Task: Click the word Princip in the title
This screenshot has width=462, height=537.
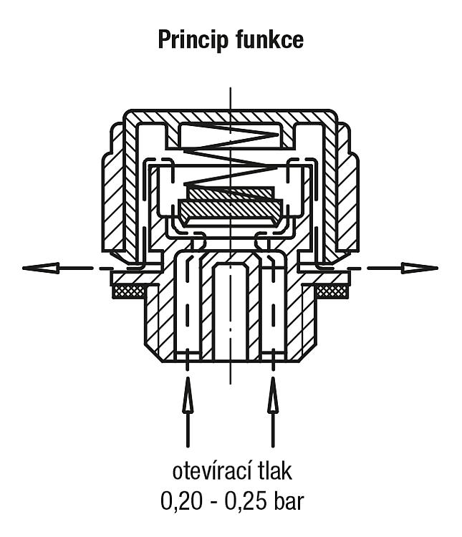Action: pyautogui.click(x=193, y=41)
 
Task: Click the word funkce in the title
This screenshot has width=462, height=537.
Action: pyautogui.click(x=269, y=39)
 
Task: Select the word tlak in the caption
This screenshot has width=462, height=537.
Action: pyautogui.click(x=275, y=472)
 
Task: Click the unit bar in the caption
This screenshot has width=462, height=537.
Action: pyautogui.click(x=289, y=502)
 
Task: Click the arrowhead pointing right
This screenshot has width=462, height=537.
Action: pyautogui.click(x=420, y=268)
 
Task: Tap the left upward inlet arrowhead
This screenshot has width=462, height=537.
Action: pyautogui.click(x=187, y=394)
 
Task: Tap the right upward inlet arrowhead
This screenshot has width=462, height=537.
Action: pyautogui.click(x=273, y=394)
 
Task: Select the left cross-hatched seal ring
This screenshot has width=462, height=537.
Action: pyautogui.click(x=129, y=291)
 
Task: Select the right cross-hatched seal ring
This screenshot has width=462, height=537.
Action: pyautogui.click(x=332, y=291)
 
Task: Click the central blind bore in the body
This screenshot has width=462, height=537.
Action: pyautogui.click(x=231, y=311)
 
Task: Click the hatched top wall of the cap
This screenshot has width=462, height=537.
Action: pyautogui.click(x=231, y=117)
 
